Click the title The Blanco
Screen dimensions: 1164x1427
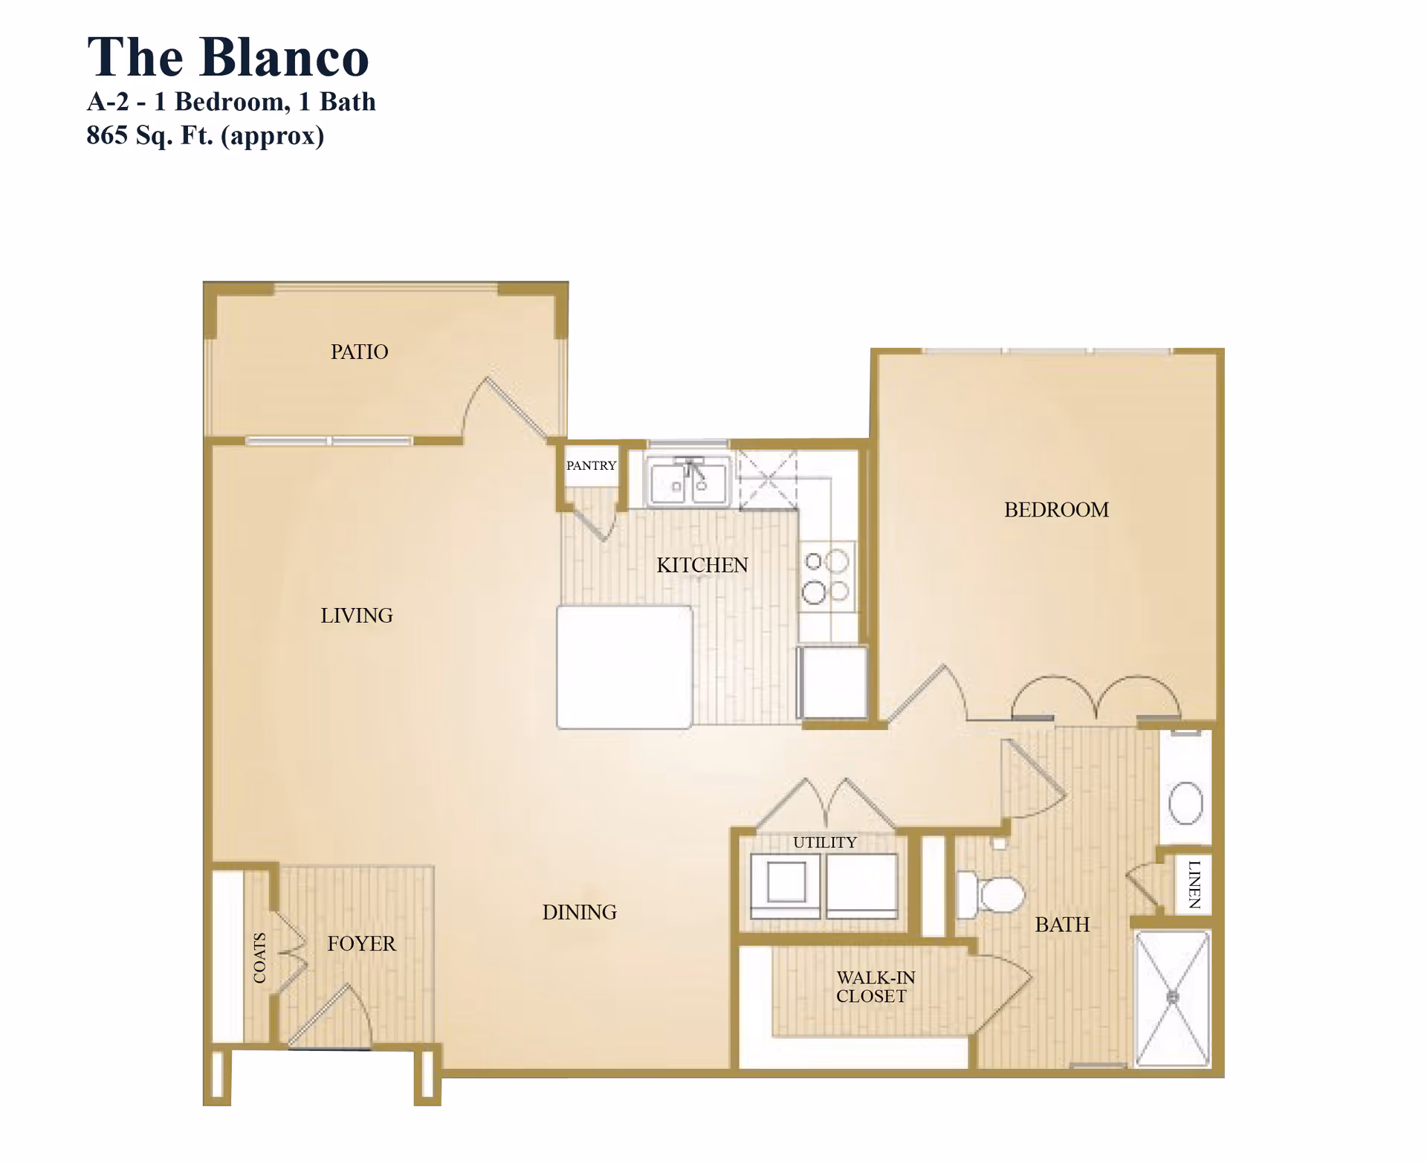(227, 57)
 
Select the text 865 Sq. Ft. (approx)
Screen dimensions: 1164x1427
(205, 135)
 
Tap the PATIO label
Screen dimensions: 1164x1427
(359, 352)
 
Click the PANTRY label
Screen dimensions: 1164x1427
(591, 465)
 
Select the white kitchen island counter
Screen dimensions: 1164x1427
(624, 667)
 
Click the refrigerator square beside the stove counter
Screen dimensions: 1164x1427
(833, 682)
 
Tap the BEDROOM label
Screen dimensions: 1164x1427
(1055, 510)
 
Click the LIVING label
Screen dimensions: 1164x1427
(357, 615)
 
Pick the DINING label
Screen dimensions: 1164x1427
(579, 912)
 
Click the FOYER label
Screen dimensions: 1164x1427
(361, 943)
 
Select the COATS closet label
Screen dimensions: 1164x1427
(259, 957)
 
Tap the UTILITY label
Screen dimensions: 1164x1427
(824, 842)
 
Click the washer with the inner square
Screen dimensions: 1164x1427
(786, 884)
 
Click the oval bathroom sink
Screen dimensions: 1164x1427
(1185, 803)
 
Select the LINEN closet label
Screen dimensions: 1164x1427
(1194, 885)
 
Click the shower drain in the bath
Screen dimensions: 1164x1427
(1173, 998)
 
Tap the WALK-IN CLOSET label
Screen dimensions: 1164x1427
(875, 986)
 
